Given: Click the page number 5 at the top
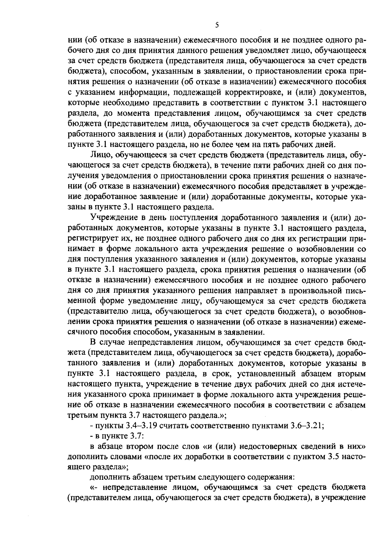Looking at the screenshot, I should [217, 25].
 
